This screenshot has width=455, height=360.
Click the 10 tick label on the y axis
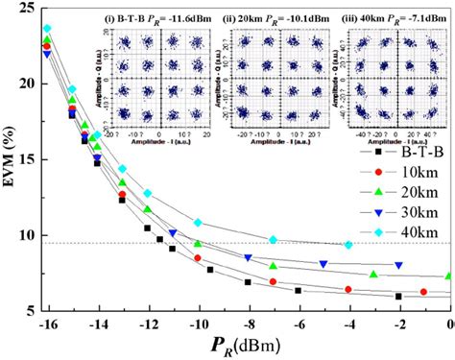26,235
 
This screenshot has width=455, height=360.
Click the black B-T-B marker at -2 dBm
398,297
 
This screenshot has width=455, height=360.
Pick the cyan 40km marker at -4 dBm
348,245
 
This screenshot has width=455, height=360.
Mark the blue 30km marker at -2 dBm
398,265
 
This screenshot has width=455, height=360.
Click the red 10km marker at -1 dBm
423,292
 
